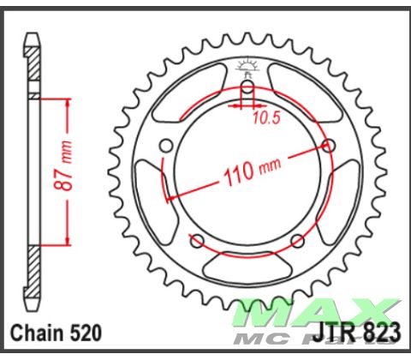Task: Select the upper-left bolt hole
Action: coord(166,143)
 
